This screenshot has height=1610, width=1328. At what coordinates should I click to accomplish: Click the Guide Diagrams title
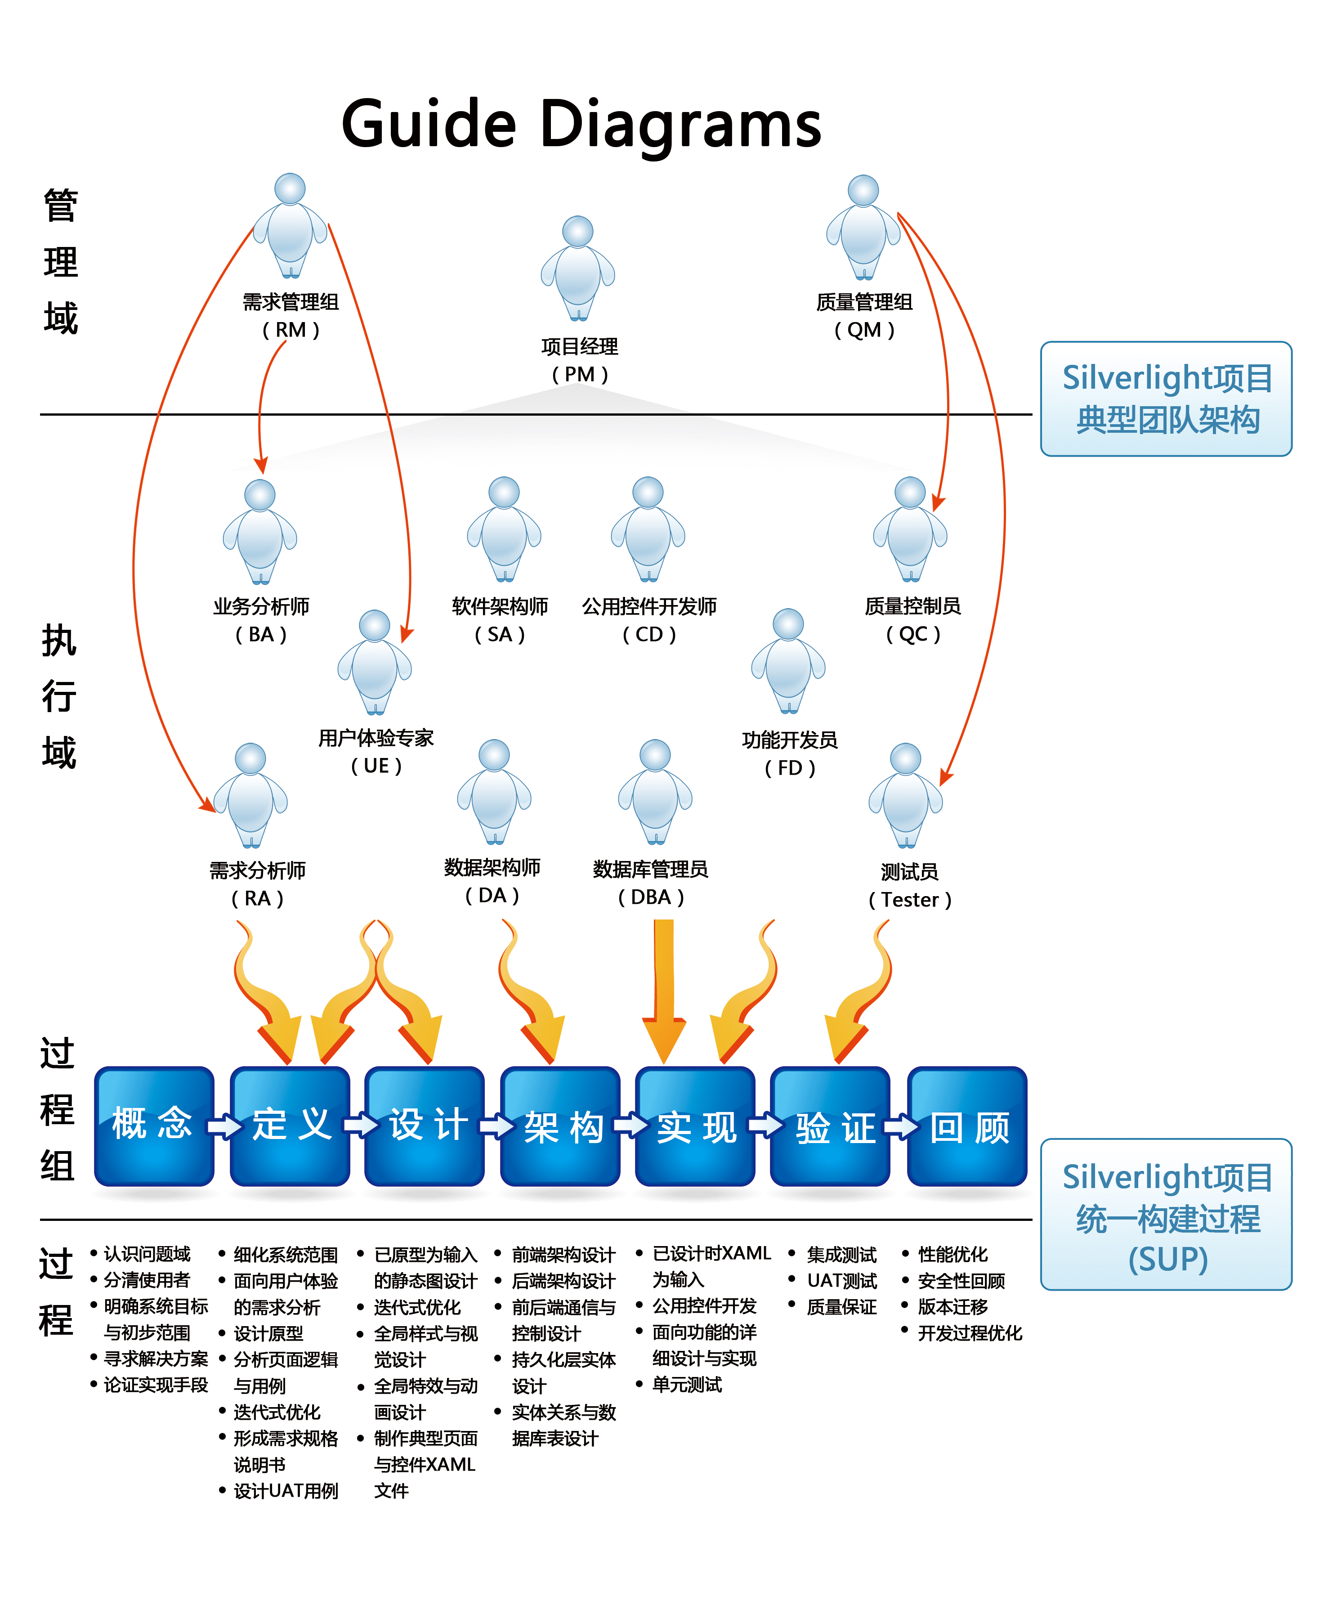point(581,124)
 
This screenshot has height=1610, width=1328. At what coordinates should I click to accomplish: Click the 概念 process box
point(154,1126)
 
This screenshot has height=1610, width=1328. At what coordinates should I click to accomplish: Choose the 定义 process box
point(290,1126)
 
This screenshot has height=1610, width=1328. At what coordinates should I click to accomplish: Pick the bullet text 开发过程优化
point(969,1333)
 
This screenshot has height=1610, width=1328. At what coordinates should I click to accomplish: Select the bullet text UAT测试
point(841,1280)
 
